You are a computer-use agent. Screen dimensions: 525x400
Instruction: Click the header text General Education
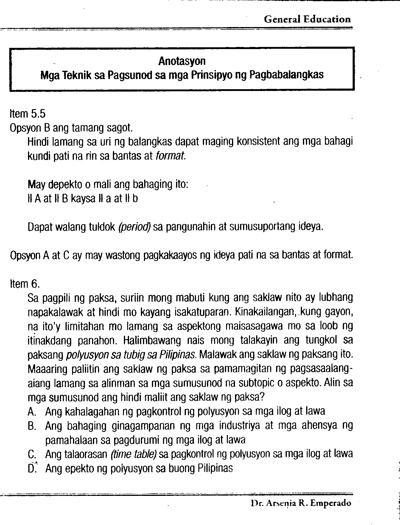click(307, 20)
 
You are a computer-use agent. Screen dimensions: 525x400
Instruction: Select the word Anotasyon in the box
click(182, 61)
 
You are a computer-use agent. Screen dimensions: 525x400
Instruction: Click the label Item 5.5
click(27, 114)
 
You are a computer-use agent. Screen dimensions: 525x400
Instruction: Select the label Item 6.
click(24, 284)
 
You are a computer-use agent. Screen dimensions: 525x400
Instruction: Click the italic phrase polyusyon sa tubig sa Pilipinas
click(130, 355)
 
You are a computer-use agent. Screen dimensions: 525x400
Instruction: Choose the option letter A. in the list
click(32, 411)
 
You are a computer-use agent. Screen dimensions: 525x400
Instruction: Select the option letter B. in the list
click(32, 426)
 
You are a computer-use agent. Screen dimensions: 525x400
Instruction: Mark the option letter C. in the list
click(32, 454)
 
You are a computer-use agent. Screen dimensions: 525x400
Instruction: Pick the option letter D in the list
click(32, 469)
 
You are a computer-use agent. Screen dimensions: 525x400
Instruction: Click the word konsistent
click(258, 142)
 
